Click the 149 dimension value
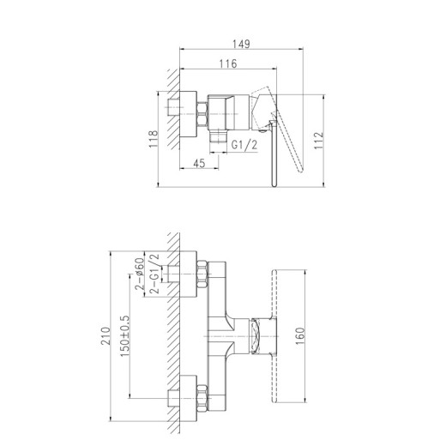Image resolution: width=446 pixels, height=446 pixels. click(241, 44)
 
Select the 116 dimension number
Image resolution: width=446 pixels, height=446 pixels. click(228, 63)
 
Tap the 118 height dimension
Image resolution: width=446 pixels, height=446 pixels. click(154, 139)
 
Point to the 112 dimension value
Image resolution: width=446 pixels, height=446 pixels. click(318, 140)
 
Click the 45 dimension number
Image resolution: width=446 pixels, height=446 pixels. click(199, 163)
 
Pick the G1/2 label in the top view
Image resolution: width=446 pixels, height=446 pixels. click(244, 145)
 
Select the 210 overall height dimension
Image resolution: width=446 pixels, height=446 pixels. click(105, 336)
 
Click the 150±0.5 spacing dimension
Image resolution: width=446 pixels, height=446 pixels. click(124, 336)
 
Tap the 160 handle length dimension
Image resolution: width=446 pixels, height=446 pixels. click(300, 336)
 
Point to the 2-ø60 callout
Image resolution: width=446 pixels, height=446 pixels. click(139, 274)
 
